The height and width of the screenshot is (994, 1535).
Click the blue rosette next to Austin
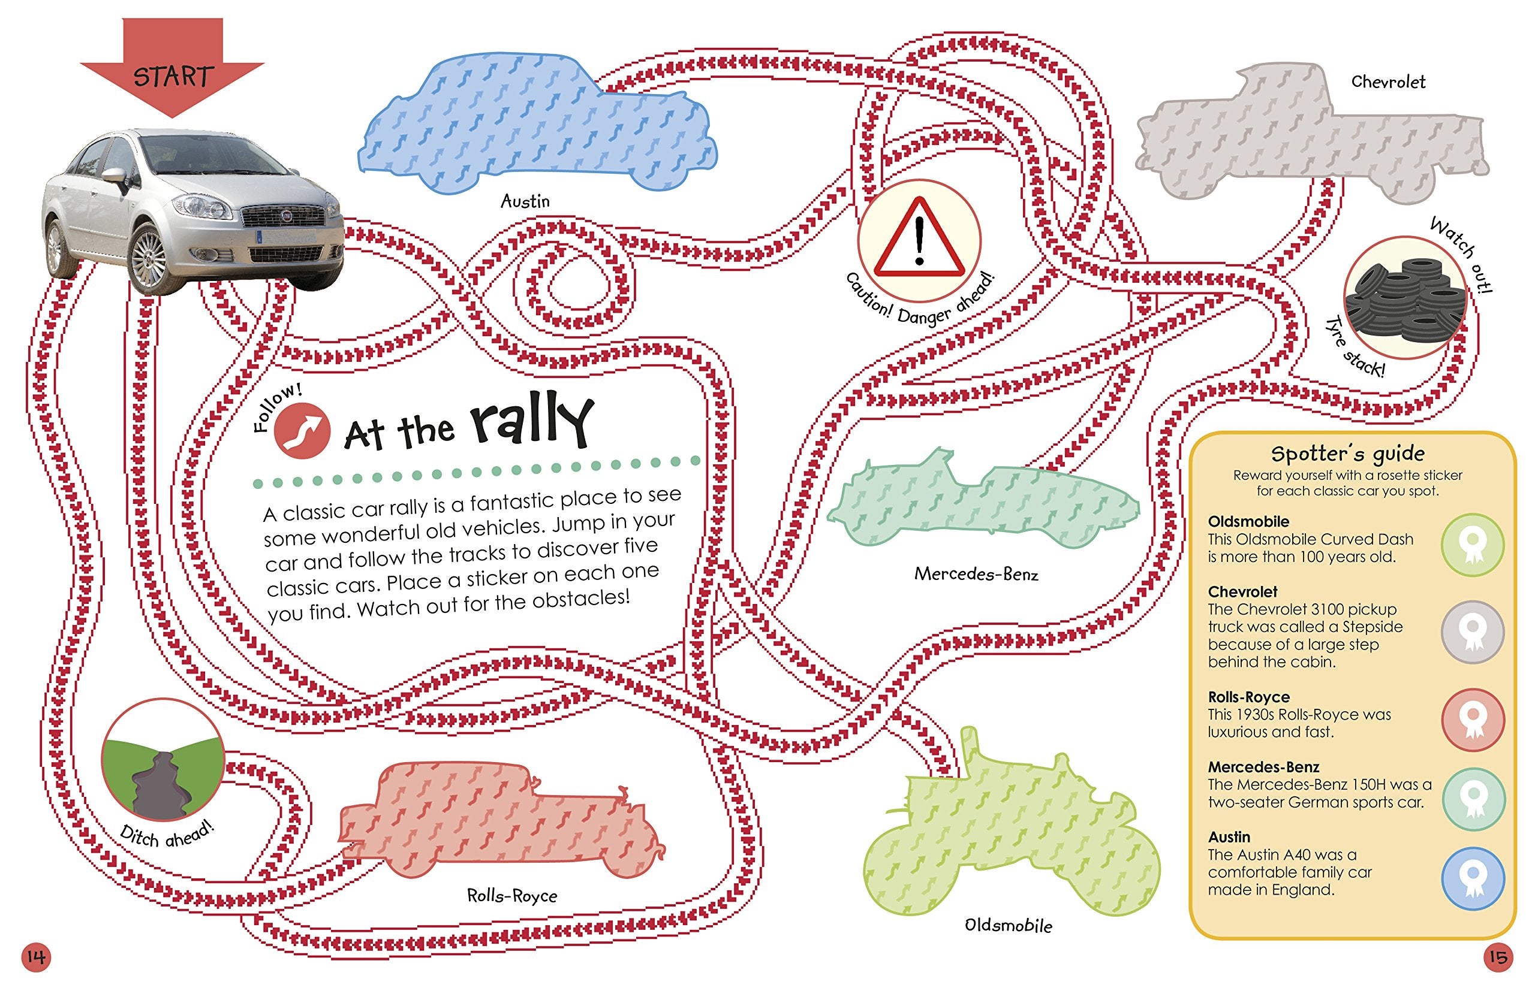coord(1473,878)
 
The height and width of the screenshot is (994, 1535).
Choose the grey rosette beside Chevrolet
coord(1473,632)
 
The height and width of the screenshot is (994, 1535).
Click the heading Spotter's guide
coord(1347,454)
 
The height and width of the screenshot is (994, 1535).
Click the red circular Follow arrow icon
coord(302,430)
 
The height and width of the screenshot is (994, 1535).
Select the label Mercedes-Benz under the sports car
coord(976,574)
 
